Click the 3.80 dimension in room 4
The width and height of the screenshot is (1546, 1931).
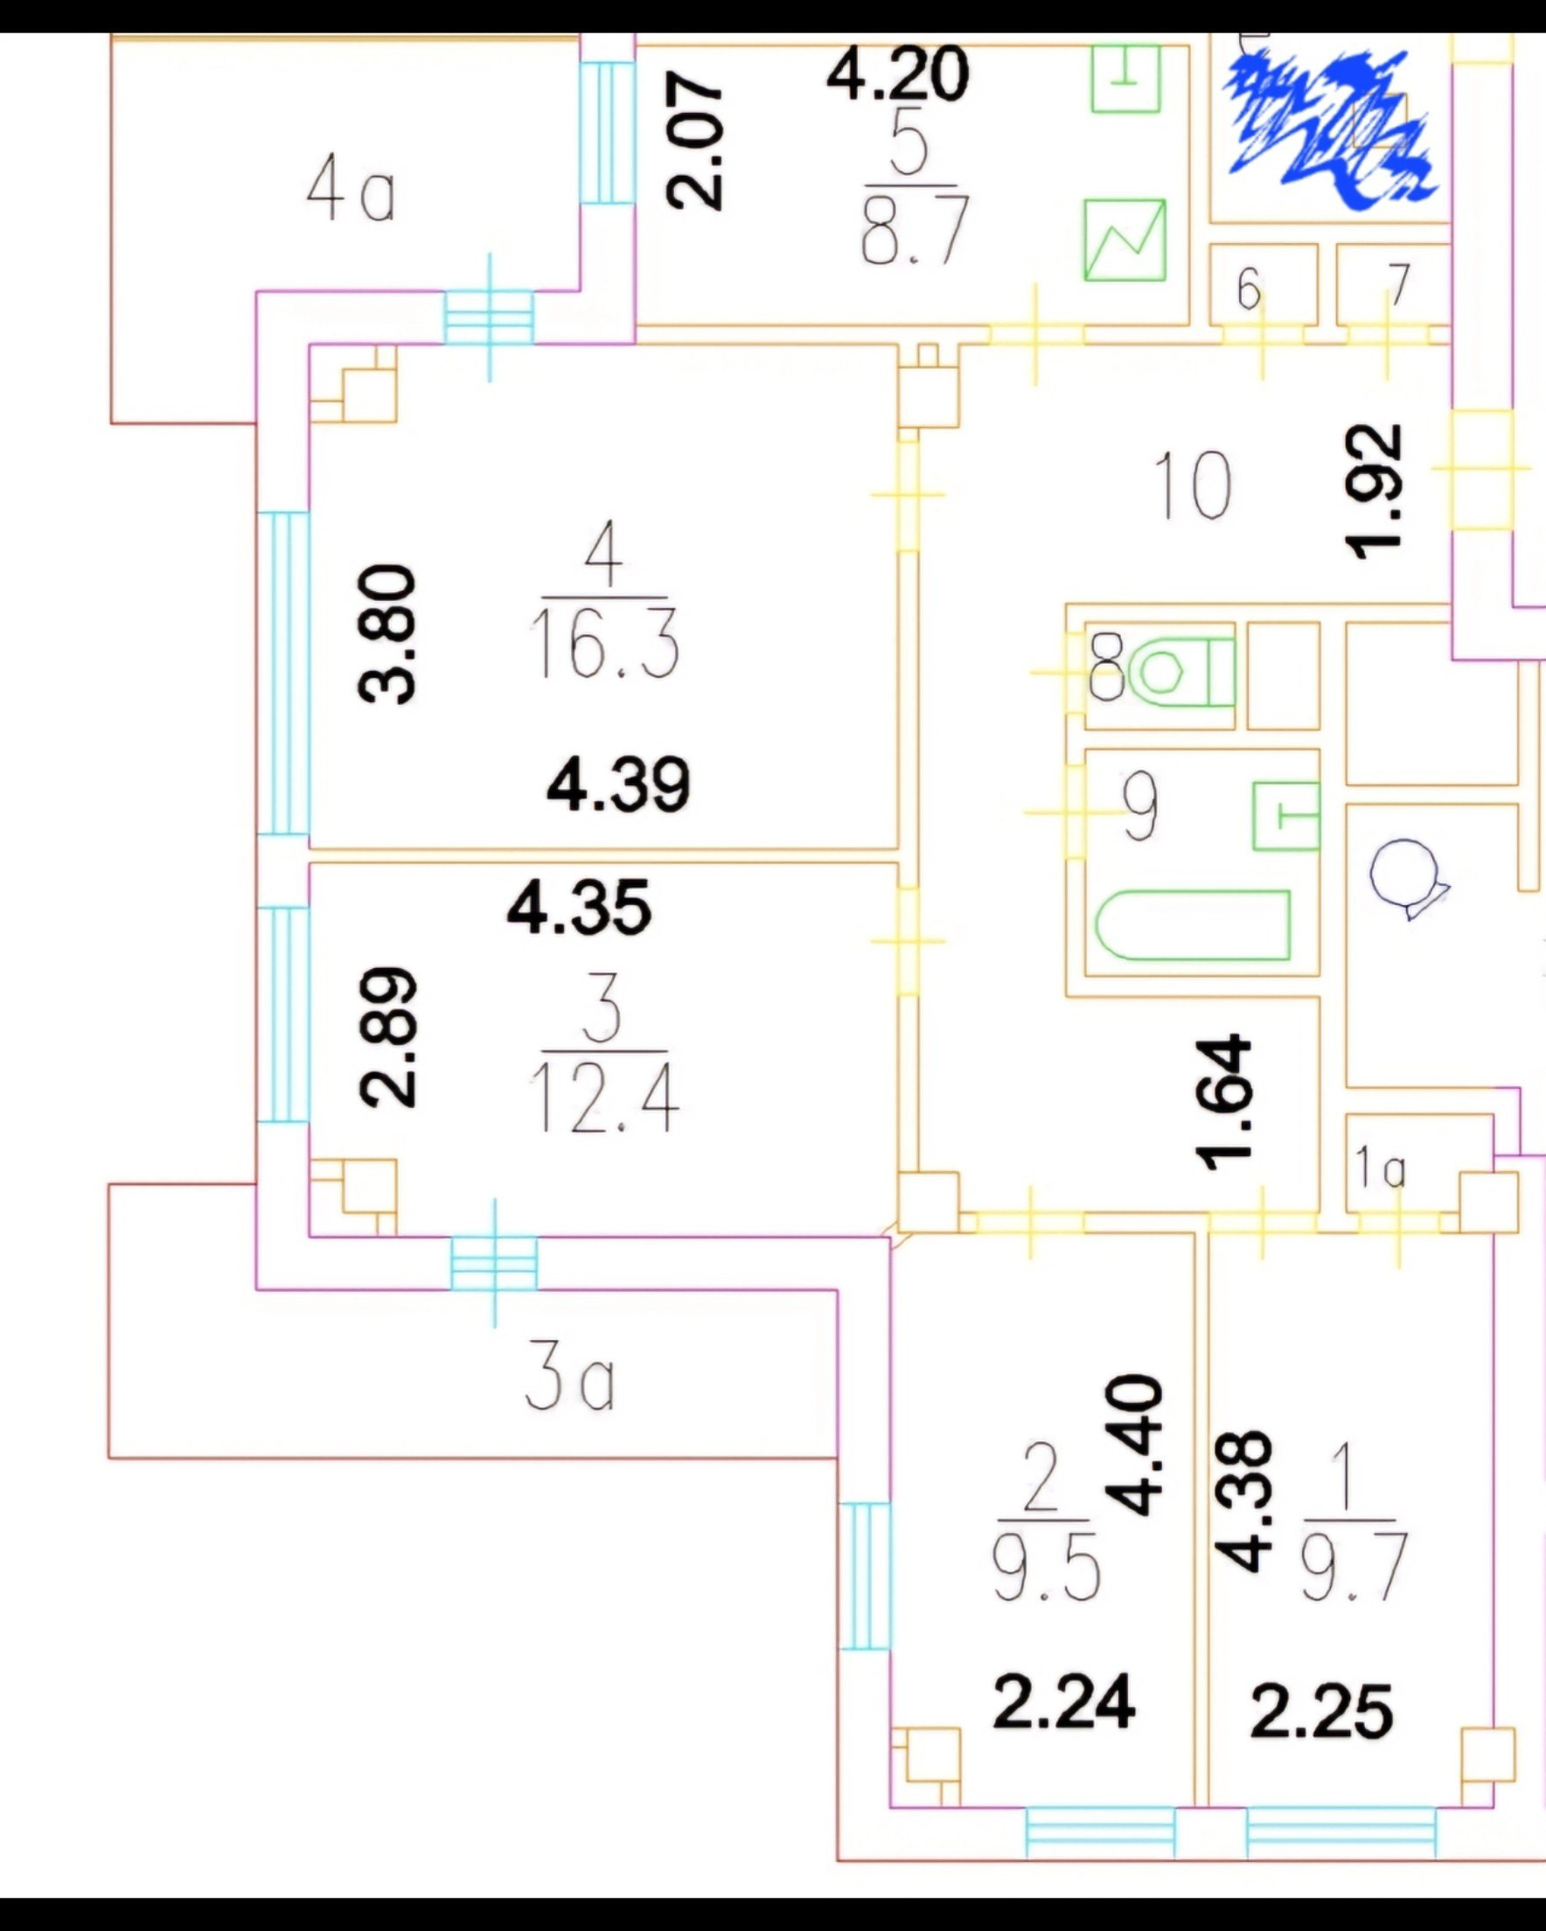(387, 635)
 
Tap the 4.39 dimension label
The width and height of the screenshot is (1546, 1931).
(618, 785)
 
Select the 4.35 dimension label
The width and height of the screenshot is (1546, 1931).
(579, 908)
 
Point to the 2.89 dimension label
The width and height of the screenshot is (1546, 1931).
(388, 1036)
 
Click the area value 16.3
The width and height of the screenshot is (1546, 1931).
(604, 644)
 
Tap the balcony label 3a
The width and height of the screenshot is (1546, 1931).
(569, 1382)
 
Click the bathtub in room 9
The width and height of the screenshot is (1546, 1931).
(1193, 924)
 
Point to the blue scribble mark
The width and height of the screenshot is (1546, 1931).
(1330, 128)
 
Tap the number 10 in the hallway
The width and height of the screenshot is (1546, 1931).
(1192, 486)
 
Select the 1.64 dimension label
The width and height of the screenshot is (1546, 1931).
(1224, 1103)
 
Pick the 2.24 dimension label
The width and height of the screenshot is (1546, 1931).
(1064, 1703)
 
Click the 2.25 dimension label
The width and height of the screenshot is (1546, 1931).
(1321, 1711)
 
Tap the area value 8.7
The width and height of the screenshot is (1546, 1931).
(915, 231)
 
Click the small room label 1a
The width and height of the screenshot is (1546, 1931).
(1379, 1168)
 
